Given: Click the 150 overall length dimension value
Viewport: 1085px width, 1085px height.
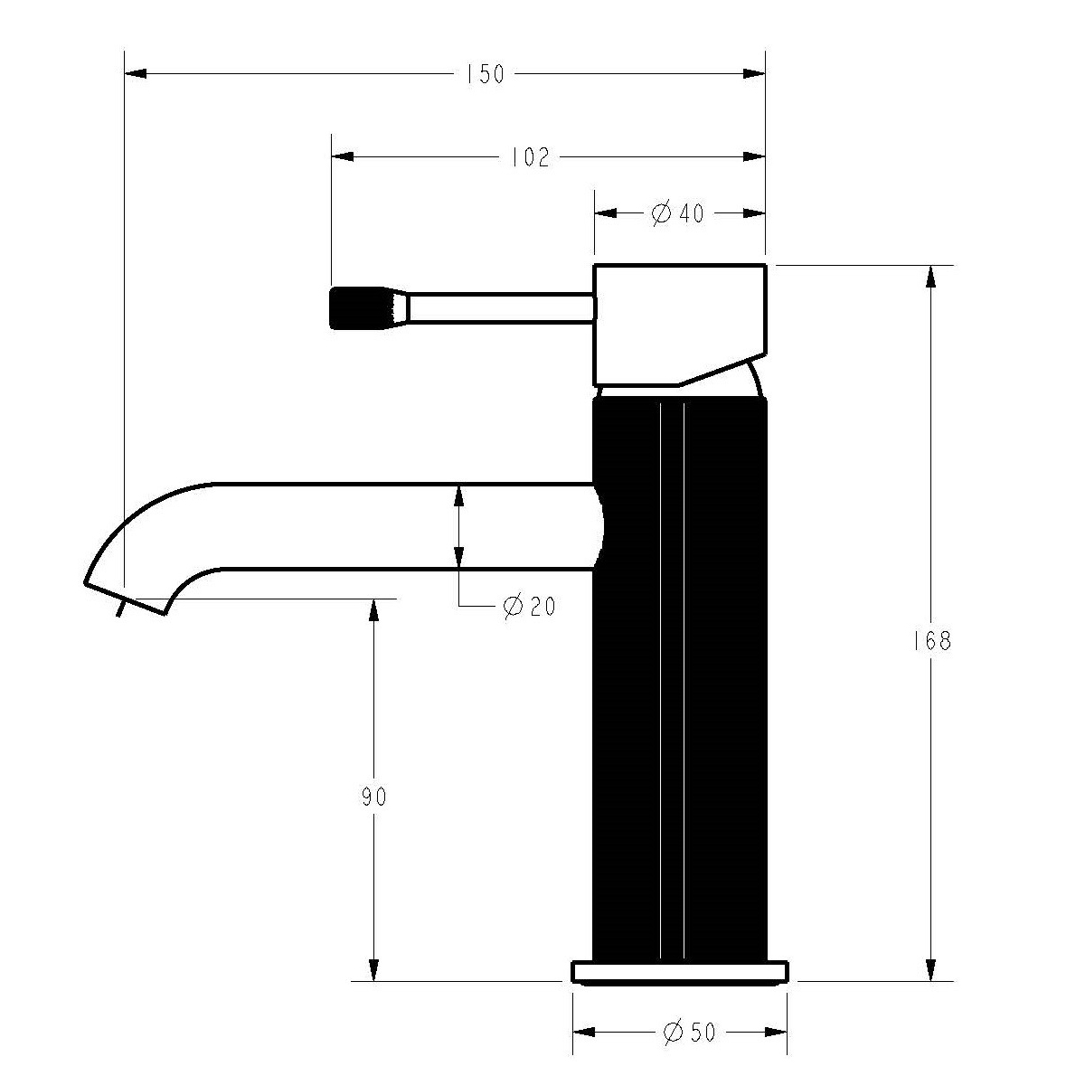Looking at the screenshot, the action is point(486,74).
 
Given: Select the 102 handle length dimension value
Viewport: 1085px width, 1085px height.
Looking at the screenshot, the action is point(530,157).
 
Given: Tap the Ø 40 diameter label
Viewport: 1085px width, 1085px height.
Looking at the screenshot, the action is point(678,213).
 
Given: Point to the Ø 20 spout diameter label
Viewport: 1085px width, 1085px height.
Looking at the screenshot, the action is point(529,607).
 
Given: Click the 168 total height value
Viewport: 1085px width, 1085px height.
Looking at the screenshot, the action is point(932,641).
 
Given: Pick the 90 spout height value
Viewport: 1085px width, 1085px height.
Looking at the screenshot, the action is point(373,797).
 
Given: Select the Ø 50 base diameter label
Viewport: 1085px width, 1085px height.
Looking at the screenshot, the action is point(689,1032).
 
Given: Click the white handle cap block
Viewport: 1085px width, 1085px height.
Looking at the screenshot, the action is point(680,325).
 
